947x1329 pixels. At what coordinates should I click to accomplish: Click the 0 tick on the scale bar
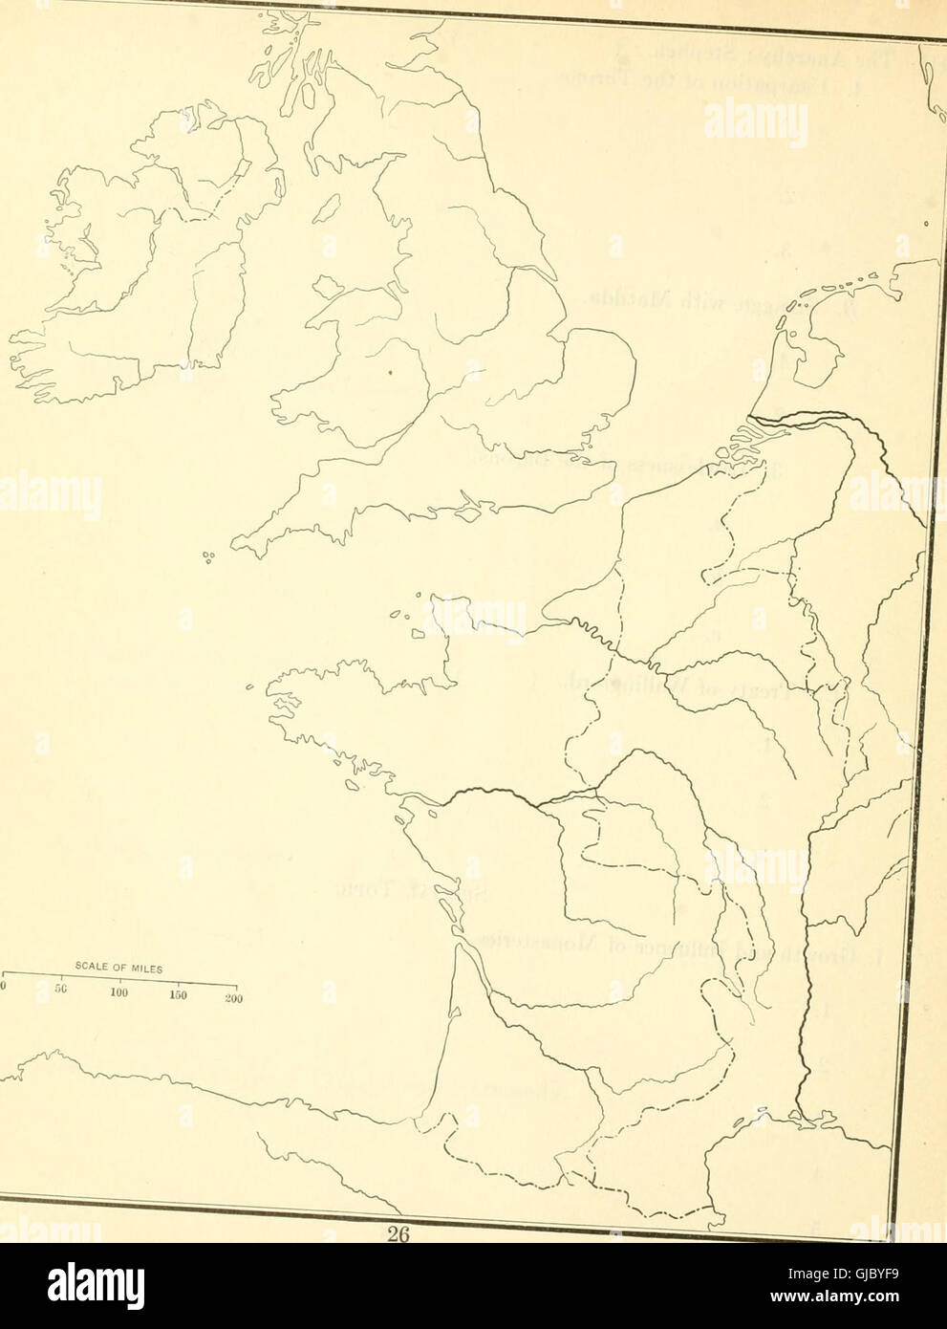point(3,986)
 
